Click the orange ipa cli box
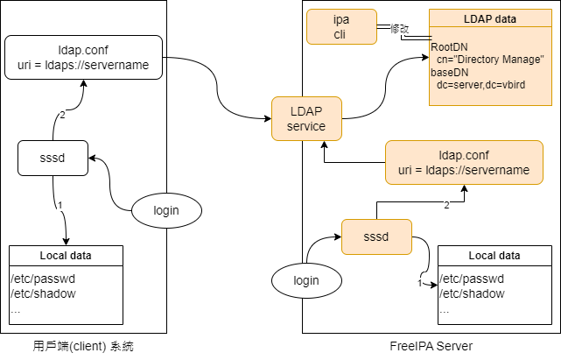pyautogui.click(x=340, y=27)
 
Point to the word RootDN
pyautogui.click(x=449, y=46)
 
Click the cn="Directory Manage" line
pyautogui.click(x=491, y=59)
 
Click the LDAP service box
pyautogui.click(x=306, y=119)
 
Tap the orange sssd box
pyautogui.click(x=375, y=236)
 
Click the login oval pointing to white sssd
pyautogui.click(x=166, y=210)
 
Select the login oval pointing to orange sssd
pyautogui.click(x=306, y=280)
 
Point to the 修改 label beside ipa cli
pyautogui.click(x=398, y=29)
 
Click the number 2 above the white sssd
pyautogui.click(x=62, y=115)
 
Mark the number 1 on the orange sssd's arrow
pyautogui.click(x=421, y=283)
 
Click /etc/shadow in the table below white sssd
pyautogui.click(x=43, y=293)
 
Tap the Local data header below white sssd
pyautogui.click(x=66, y=256)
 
